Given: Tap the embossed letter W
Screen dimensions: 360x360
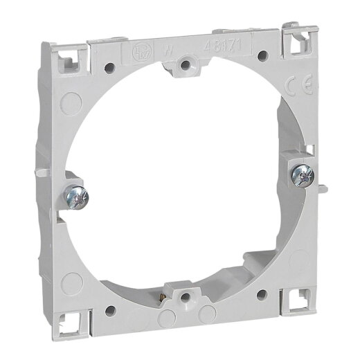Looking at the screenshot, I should tap(168, 50).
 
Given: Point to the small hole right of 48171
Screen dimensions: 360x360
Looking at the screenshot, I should tap(262, 55).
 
